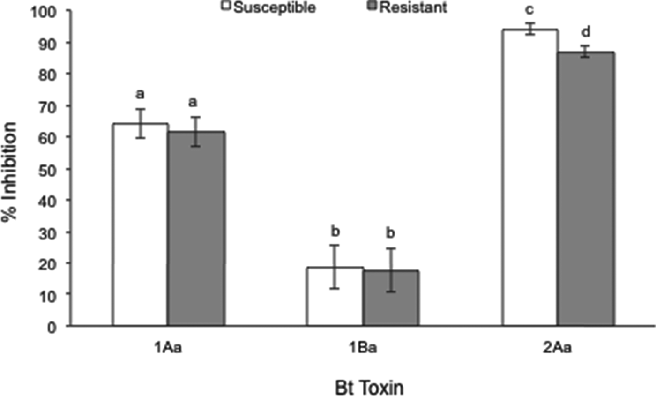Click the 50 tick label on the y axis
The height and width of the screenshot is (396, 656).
(x=52, y=169)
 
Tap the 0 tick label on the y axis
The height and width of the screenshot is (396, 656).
(x=56, y=327)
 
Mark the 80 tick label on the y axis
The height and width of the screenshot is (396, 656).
(x=52, y=74)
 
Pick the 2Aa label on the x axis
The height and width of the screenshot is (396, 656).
(x=558, y=349)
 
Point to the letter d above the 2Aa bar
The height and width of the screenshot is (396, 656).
(x=586, y=32)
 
